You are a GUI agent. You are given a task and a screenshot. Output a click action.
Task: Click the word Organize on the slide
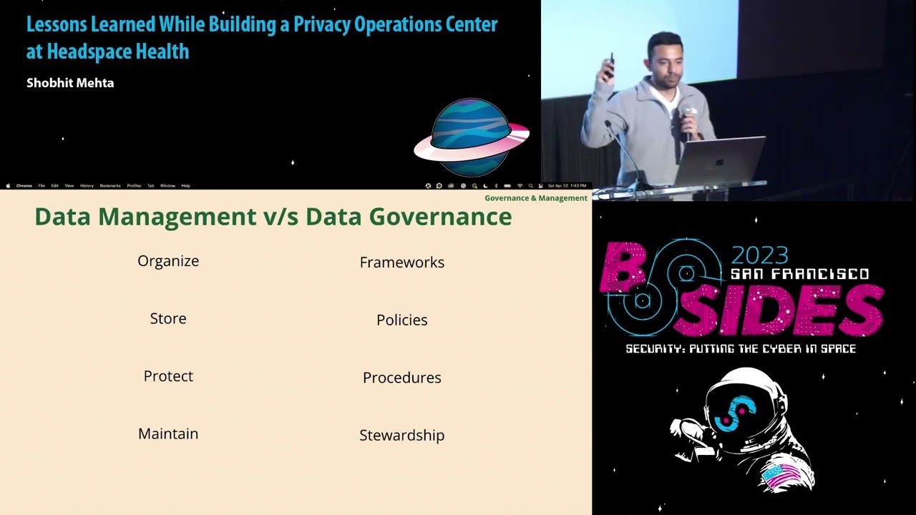coord(168,261)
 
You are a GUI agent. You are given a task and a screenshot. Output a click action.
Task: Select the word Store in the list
coord(168,319)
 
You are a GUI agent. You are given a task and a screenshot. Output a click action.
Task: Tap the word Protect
coord(168,376)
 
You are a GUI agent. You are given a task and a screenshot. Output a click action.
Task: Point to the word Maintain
coord(168,434)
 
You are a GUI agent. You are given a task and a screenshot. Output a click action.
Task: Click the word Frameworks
coord(401,263)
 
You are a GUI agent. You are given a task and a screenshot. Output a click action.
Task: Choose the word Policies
coord(401,320)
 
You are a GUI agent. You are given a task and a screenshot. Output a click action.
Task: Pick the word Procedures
coord(401,378)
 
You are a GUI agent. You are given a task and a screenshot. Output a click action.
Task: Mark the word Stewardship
coord(401,436)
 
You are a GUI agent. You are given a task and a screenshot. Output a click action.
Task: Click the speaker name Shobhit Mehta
coord(70,83)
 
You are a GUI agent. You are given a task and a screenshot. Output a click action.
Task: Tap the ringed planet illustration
coord(472,137)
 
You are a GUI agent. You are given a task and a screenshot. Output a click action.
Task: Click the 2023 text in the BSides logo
coord(759,255)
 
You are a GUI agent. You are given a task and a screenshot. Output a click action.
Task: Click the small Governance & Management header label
coord(535,198)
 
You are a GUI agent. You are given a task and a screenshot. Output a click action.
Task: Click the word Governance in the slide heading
coord(444,217)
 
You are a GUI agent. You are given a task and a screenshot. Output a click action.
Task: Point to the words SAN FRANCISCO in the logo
coord(799,274)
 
